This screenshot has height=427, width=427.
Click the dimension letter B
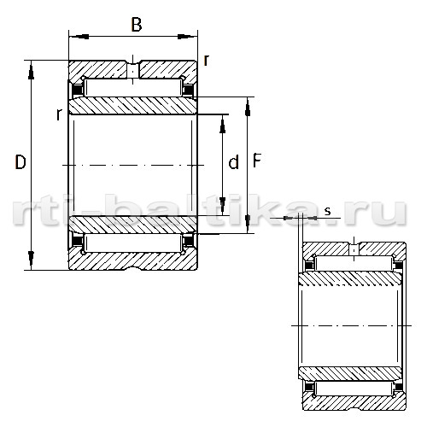coord(137,24)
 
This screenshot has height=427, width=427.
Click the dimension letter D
coord(20,162)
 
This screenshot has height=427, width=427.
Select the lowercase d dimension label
coord(233,162)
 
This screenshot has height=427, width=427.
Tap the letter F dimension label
coord(257,161)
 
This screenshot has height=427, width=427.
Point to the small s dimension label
coord(328,211)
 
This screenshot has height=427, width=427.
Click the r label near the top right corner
coord(207,60)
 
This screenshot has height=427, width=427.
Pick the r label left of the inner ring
coord(59,114)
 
